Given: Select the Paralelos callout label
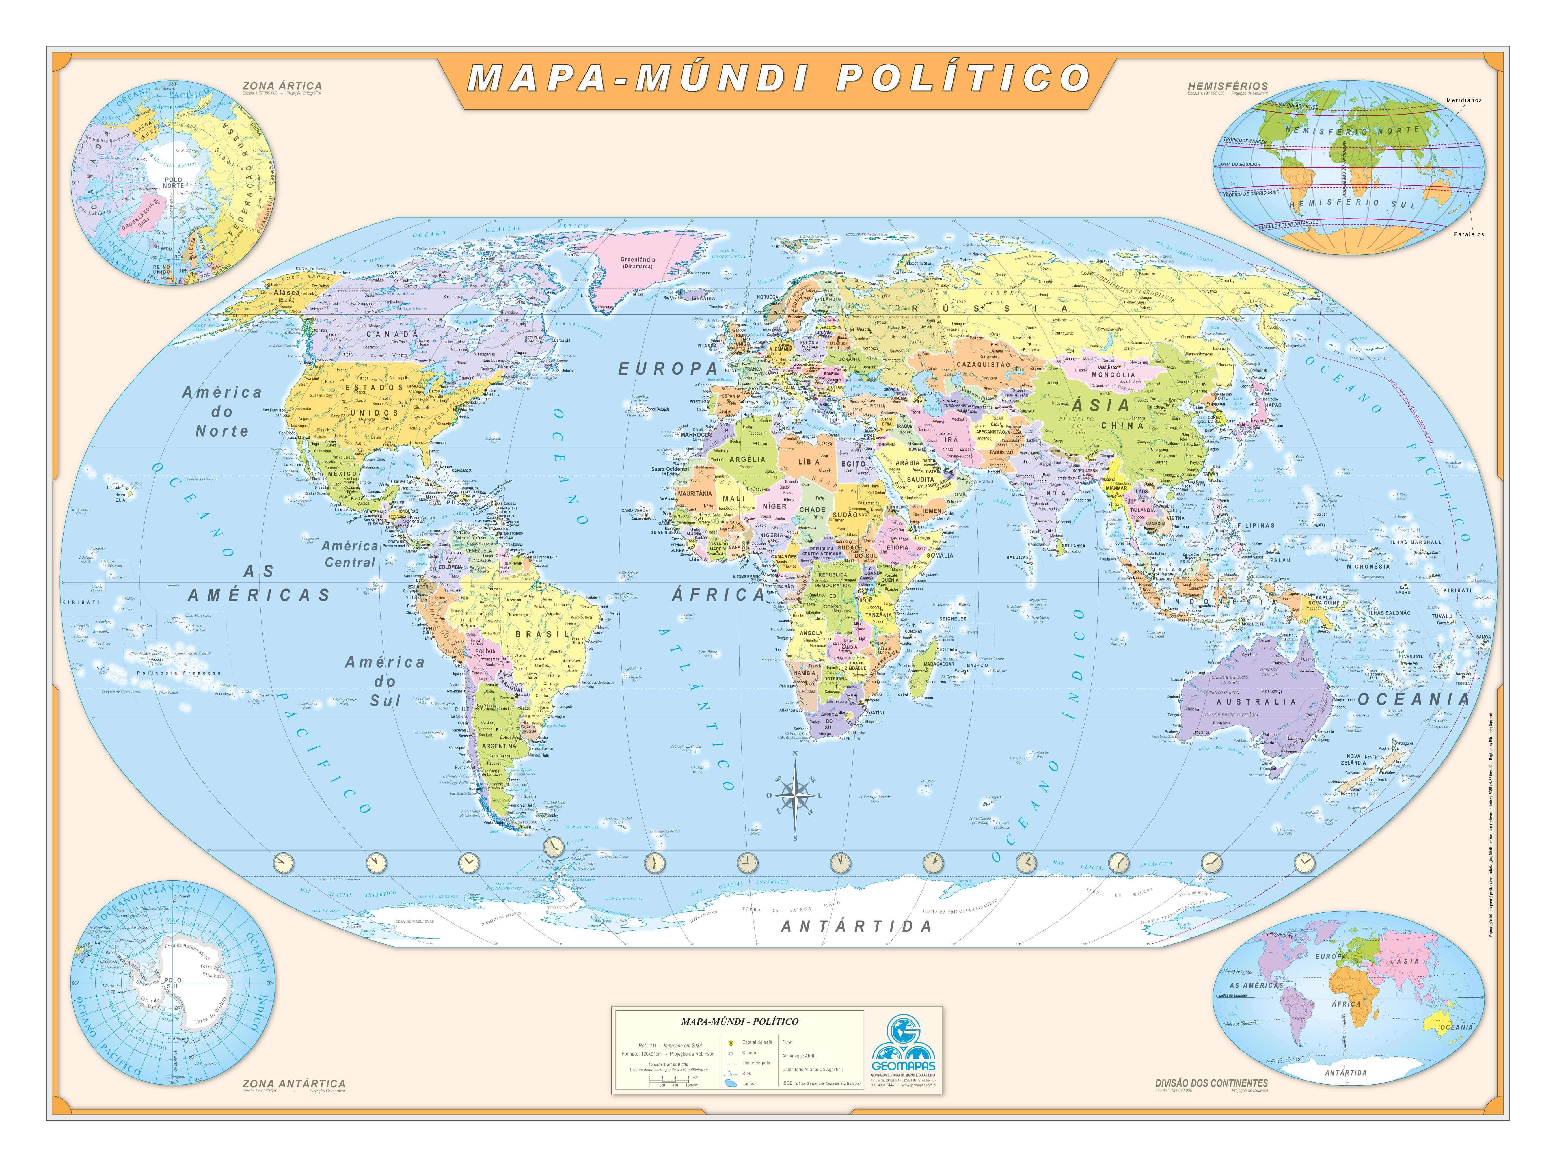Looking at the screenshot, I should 1468,234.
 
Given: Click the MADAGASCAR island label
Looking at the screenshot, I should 939,664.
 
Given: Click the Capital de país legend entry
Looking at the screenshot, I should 756,1042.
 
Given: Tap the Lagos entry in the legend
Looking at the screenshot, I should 748,1084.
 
